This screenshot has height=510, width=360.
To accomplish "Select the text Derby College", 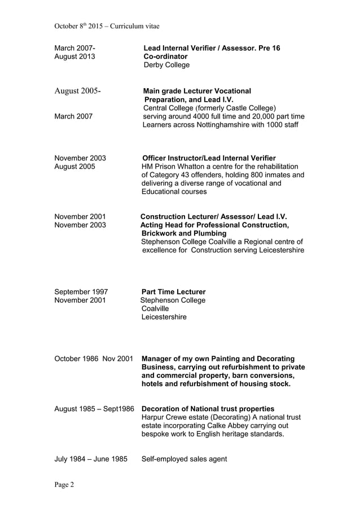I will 166,65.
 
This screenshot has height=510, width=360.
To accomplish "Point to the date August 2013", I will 74,56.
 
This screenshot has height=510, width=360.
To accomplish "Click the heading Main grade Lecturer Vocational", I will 197,91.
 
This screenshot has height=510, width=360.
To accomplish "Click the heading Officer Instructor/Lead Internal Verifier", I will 209,158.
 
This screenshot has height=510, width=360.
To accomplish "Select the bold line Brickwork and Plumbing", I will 184,233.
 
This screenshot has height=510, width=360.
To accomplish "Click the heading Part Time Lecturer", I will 173,292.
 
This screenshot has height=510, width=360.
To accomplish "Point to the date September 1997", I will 81,292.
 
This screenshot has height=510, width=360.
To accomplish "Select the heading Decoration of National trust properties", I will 208,408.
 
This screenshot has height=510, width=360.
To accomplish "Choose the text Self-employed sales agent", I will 184,459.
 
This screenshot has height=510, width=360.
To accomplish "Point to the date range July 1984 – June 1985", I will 90,459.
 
